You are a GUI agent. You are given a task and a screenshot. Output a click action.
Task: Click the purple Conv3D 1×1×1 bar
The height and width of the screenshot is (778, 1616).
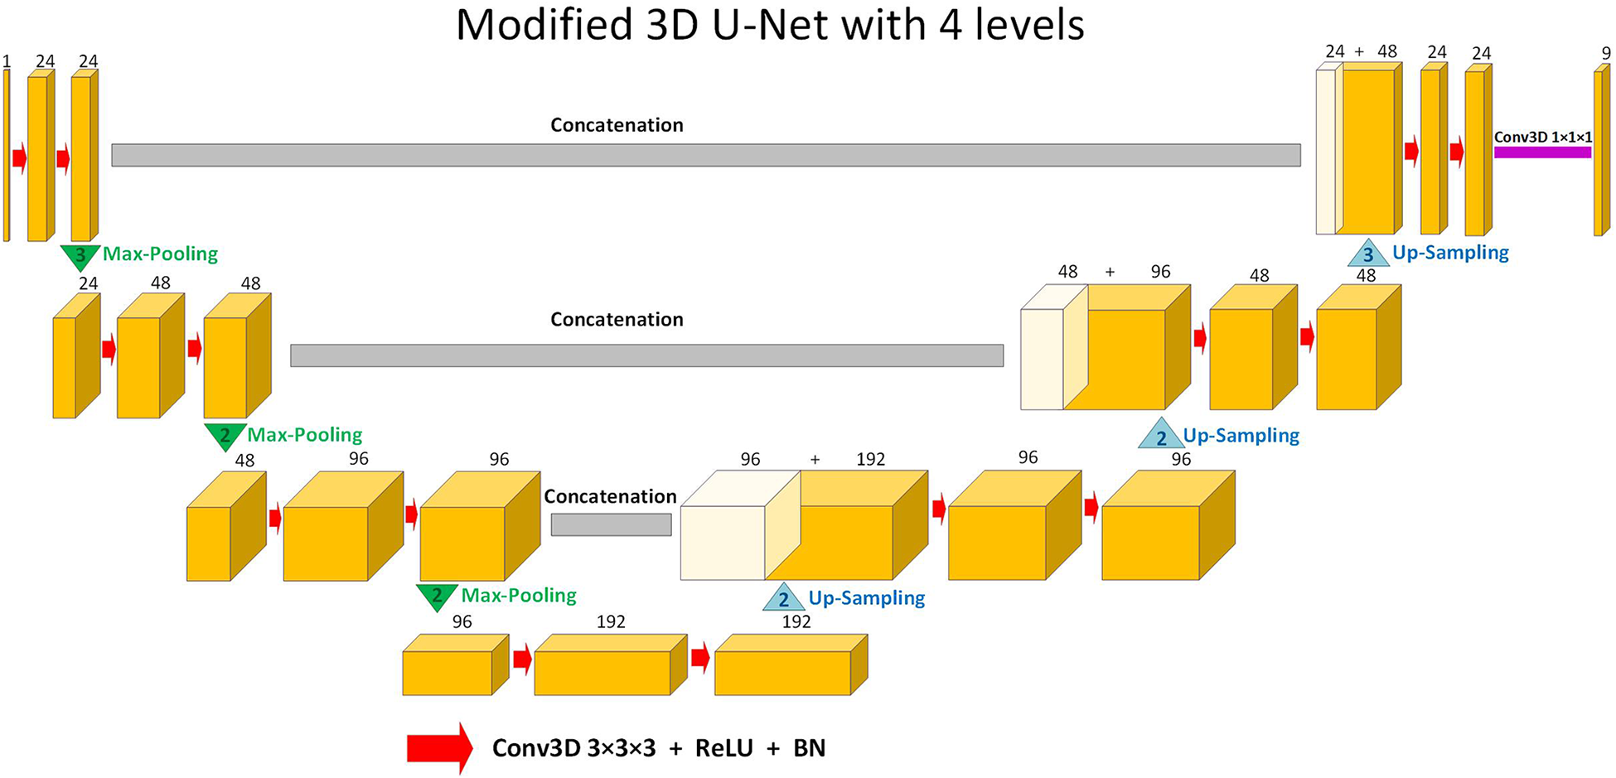click(x=1542, y=152)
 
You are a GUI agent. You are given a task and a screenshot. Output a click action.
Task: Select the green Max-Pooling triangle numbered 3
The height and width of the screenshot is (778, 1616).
click(x=80, y=256)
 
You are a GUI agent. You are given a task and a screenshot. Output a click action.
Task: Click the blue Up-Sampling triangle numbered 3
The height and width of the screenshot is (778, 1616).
click(x=1368, y=254)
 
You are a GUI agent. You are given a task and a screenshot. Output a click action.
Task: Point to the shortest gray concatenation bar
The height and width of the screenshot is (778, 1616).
click(x=611, y=524)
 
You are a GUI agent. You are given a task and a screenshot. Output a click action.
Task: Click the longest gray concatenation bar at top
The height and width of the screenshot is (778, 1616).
click(x=705, y=155)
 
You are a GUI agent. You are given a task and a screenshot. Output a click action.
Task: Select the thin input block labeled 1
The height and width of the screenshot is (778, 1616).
click(x=7, y=155)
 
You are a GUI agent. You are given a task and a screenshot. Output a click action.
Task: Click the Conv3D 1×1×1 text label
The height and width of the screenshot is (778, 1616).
click(x=1542, y=138)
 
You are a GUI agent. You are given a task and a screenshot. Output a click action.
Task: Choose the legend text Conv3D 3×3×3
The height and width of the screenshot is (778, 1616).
click(x=573, y=748)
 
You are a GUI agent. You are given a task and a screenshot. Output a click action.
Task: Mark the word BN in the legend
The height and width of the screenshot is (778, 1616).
click(x=809, y=748)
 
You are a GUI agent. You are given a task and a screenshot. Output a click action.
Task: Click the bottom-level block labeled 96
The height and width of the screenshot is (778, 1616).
click(x=448, y=672)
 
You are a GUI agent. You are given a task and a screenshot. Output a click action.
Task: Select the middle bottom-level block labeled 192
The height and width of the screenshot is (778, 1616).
click(x=602, y=672)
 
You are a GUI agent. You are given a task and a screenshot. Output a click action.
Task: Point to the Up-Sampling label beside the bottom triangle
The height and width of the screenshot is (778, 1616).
click(x=866, y=597)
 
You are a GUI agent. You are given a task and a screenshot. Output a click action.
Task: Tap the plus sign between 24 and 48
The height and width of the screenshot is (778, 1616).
click(x=1359, y=52)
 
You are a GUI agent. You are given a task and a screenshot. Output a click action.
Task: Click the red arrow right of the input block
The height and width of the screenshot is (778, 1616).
click(x=19, y=157)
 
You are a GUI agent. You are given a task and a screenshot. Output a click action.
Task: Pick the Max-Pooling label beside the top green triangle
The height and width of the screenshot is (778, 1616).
click(x=160, y=254)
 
